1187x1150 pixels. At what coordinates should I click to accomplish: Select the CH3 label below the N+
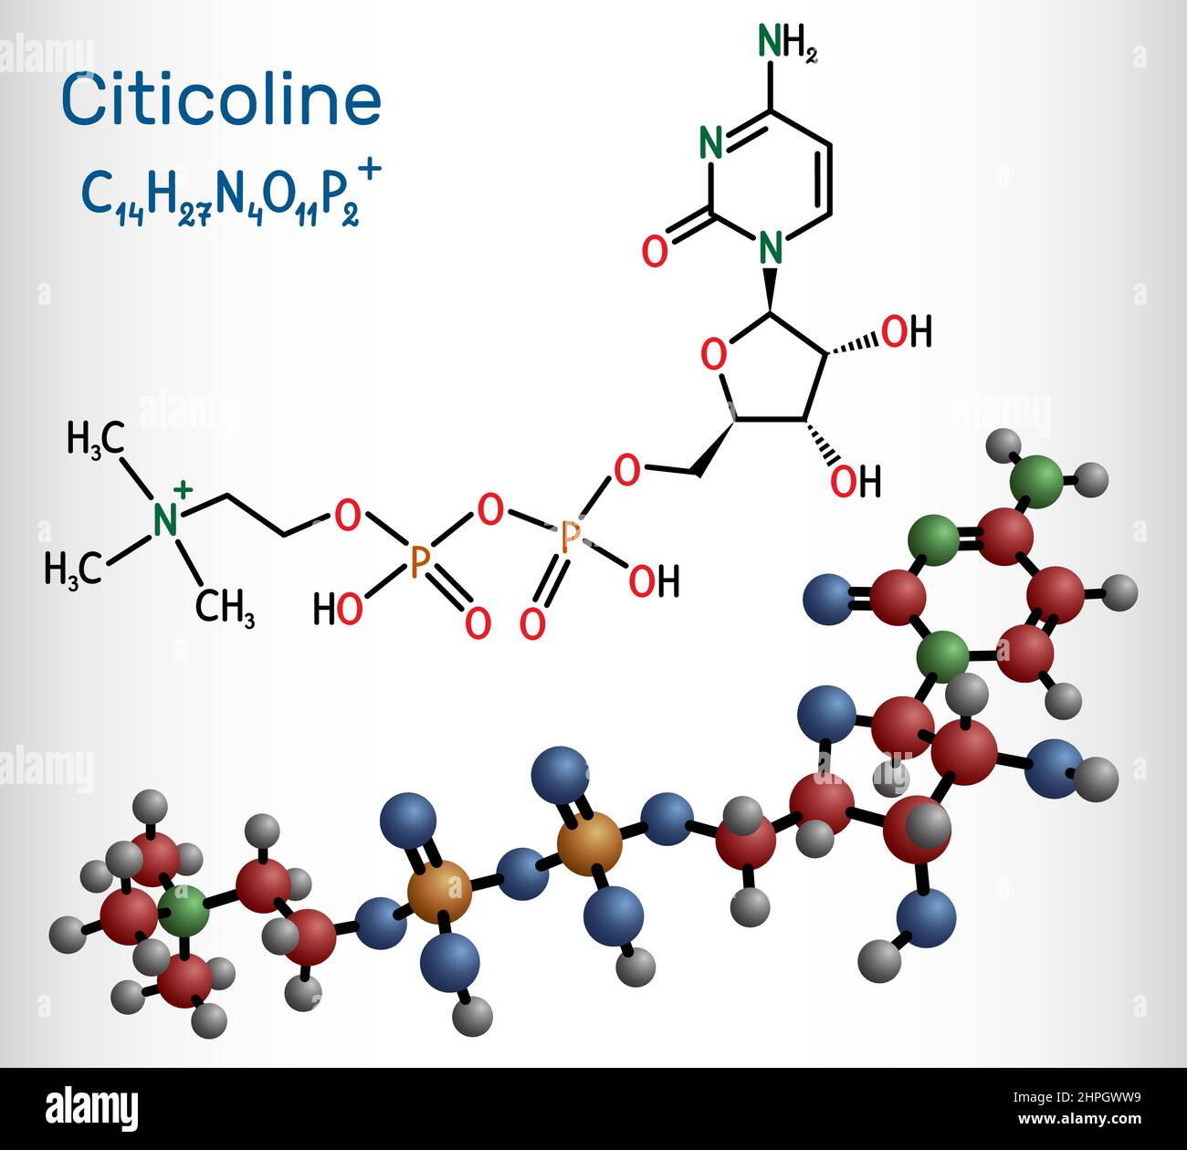pyautogui.click(x=225, y=608)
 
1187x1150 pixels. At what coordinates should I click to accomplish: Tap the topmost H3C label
pyautogui.click(x=95, y=439)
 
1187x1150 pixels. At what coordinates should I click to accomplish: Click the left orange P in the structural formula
pyautogui.click(x=419, y=562)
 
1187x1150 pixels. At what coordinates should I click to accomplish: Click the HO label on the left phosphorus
pyautogui.click(x=337, y=609)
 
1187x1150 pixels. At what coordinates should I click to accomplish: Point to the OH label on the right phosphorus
pyautogui.click(x=654, y=581)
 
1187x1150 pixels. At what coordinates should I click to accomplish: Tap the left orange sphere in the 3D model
pyautogui.click(x=440, y=892)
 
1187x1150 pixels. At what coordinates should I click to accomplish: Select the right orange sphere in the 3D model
pyautogui.click(x=590, y=846)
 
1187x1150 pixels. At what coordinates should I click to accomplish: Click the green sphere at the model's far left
pyautogui.click(x=183, y=910)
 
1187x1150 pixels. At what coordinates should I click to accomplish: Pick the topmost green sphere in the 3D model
pyautogui.click(x=1037, y=477)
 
